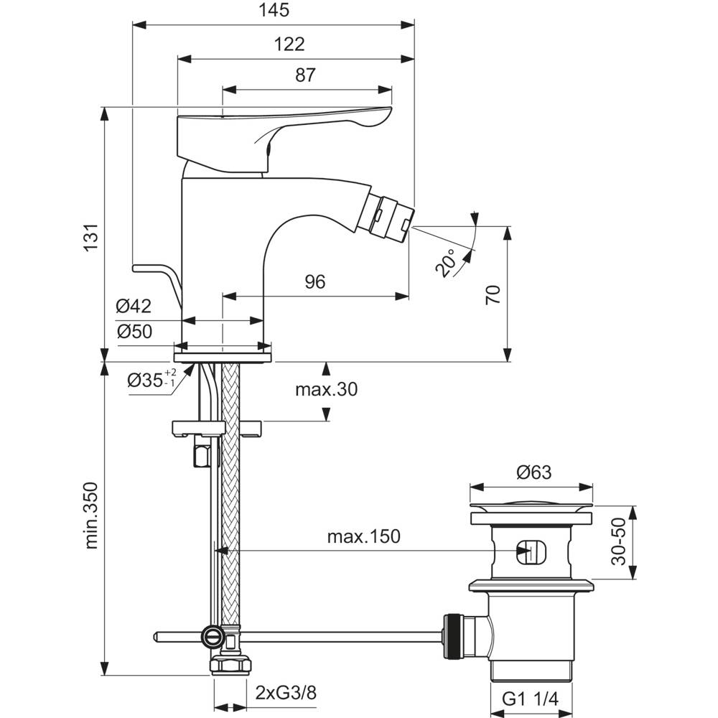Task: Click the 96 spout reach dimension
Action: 314,281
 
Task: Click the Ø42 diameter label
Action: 134,307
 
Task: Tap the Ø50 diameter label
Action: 134,332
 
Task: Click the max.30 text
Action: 326,390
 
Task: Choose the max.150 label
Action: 363,536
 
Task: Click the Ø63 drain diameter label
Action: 532,473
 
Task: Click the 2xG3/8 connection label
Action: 286,693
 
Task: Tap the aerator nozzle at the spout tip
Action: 391,215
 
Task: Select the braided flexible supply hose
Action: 230,503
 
